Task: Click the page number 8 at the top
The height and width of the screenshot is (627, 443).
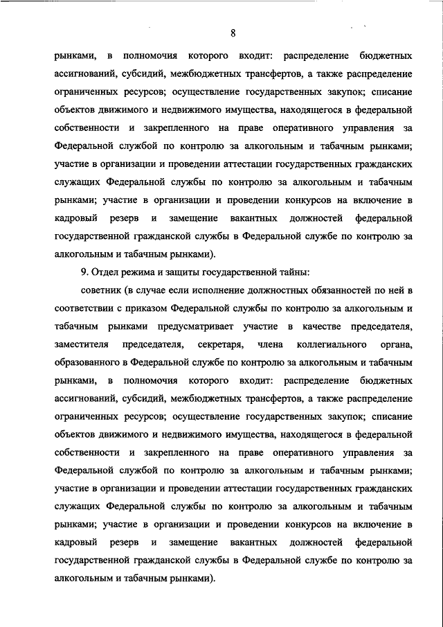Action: (x=234, y=33)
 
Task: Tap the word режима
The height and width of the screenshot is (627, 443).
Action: (x=143, y=272)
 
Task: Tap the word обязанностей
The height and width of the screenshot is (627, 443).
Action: (x=365, y=290)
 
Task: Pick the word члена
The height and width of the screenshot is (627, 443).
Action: (x=269, y=344)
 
